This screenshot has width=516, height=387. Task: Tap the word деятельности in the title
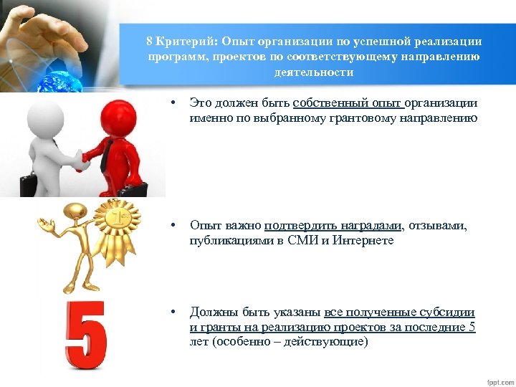(313, 72)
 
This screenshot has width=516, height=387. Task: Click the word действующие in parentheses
(330, 342)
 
